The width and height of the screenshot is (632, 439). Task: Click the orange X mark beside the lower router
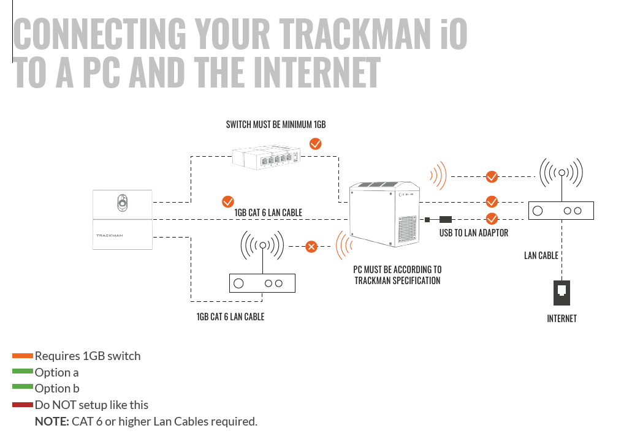point(311,247)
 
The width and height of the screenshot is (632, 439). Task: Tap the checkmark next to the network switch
point(316,144)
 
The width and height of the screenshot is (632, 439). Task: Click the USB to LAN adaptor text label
point(474,233)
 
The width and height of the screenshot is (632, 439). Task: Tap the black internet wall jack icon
point(562,293)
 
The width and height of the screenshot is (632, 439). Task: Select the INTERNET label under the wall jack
point(562,318)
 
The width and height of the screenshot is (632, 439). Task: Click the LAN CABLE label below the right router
point(541,255)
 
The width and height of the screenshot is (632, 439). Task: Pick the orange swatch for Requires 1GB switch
point(23,356)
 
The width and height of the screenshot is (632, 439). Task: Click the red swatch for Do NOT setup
point(23,405)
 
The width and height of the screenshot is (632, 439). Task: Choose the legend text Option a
point(56,372)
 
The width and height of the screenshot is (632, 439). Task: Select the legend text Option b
point(57,389)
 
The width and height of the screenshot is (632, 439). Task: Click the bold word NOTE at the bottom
point(51,421)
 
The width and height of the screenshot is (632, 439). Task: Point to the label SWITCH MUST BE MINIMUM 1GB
point(276,125)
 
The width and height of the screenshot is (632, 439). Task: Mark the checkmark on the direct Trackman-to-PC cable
point(227,201)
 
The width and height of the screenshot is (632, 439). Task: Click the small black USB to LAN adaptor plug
point(446,219)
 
